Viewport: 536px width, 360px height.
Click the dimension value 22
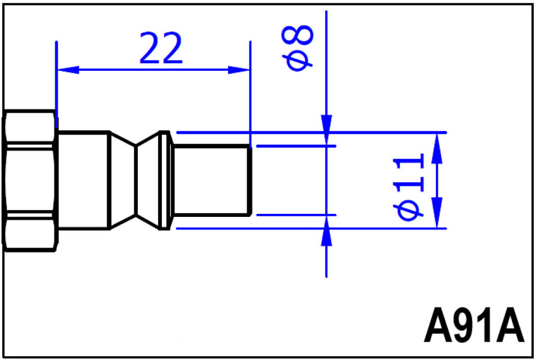pyautogui.click(x=161, y=48)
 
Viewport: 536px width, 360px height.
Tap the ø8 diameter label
pyautogui.click(x=297, y=48)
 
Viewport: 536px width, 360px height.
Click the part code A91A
pyautogui.click(x=474, y=325)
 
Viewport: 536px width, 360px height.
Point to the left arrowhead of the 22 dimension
pyautogui.click(x=68, y=70)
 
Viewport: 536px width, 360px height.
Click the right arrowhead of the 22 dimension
pyautogui.click(x=239, y=70)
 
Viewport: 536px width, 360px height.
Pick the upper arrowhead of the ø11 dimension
pyautogui.click(x=437, y=148)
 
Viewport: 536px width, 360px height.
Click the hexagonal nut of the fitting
pyautogui.click(x=29, y=181)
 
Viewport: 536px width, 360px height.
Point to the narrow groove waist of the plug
pyautogui.click(x=136, y=181)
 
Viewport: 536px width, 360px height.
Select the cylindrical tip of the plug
pyautogui.click(x=212, y=181)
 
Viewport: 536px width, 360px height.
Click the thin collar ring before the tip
pyautogui.click(x=165, y=181)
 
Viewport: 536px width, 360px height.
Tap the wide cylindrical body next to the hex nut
pyautogui.click(x=84, y=180)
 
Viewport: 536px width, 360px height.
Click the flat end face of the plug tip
pyautogui.click(x=250, y=181)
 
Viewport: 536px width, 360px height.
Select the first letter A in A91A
pyautogui.click(x=438, y=325)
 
